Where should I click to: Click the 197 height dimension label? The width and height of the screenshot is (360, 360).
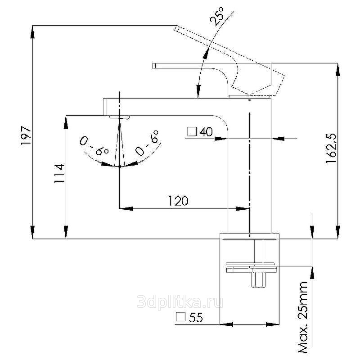pyautogui.click(x=26, y=135)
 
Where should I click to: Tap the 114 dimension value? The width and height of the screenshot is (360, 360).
pyautogui.click(x=59, y=173)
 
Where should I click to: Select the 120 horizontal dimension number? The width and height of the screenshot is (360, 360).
pyautogui.click(x=178, y=201)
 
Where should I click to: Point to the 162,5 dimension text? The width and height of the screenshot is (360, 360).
pyautogui.click(x=331, y=148)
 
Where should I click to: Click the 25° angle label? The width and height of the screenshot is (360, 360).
pyautogui.click(x=216, y=16)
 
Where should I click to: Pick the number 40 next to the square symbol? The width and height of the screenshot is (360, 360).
pyautogui.click(x=206, y=132)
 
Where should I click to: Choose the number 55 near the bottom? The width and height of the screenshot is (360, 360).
pyautogui.click(x=196, y=318)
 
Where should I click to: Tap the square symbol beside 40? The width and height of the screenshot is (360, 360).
pyautogui.click(x=192, y=132)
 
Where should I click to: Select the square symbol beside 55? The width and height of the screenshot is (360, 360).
pyautogui.click(x=180, y=317)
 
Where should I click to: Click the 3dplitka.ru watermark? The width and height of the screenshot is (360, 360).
pyautogui.click(x=180, y=301)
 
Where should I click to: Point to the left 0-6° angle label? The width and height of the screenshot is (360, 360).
pyautogui.click(x=94, y=146)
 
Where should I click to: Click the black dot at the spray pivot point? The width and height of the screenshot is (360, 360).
pyautogui.click(x=119, y=166)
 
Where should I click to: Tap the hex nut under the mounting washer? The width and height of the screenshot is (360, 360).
pyautogui.click(x=258, y=280)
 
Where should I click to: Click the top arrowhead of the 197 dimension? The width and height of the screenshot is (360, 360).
pyautogui.click(x=32, y=31)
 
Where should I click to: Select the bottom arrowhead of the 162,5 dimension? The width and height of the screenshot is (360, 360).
pyautogui.click(x=337, y=232)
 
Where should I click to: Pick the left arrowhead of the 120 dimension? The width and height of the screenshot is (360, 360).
pyautogui.click(x=126, y=209)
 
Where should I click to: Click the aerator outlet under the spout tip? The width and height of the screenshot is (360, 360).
pyautogui.click(x=119, y=117)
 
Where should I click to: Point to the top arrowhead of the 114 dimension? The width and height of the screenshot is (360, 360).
pyautogui.click(x=66, y=121)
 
